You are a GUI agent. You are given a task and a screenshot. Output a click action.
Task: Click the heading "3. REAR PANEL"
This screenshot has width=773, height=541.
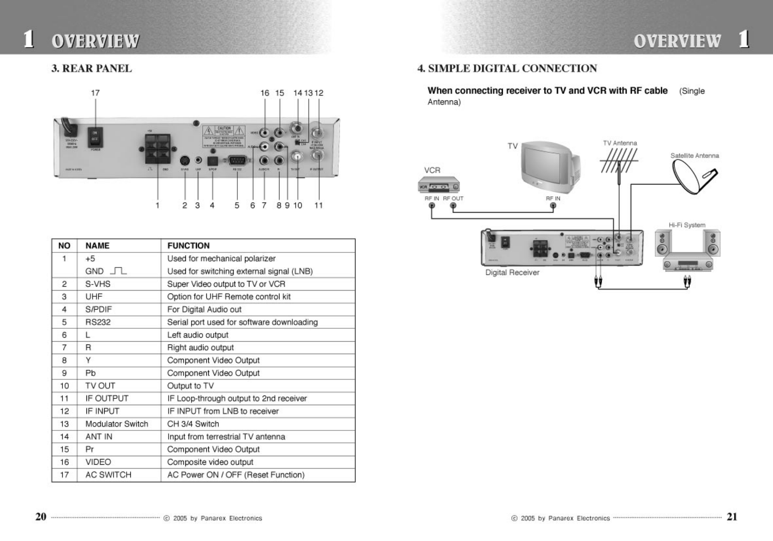click(91, 68)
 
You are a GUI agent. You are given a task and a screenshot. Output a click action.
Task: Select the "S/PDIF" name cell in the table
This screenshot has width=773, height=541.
click(99, 309)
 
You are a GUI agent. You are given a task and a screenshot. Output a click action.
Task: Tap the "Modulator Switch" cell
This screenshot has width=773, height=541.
click(117, 424)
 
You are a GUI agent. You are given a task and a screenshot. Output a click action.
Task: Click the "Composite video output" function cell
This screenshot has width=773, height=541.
click(210, 462)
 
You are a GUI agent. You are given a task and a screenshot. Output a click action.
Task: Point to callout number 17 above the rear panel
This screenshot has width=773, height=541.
click(95, 93)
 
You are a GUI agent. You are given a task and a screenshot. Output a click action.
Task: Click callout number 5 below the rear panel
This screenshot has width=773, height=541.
click(237, 205)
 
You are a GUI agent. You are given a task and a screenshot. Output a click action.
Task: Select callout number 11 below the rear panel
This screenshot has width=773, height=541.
click(319, 205)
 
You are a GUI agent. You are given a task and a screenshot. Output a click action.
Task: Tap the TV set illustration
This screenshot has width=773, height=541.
click(550, 166)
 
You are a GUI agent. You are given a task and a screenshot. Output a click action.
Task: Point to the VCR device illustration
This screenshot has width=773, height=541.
click(438, 184)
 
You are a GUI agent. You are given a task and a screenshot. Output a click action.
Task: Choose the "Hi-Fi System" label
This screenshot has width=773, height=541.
click(687, 225)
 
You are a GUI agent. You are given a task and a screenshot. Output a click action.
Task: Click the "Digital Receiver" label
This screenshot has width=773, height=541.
click(512, 273)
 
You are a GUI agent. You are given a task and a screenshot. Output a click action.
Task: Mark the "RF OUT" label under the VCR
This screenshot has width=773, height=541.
click(453, 199)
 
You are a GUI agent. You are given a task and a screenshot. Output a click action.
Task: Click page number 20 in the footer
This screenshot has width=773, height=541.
click(41, 517)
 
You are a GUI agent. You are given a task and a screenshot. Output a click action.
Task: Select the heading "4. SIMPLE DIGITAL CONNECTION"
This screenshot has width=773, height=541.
click(507, 68)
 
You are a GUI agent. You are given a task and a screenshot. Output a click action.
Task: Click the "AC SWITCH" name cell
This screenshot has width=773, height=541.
click(108, 475)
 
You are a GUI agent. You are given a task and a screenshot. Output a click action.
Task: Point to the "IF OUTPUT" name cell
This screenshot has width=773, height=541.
click(107, 399)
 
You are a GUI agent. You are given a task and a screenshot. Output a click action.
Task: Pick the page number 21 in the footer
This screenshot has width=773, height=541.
click(732, 517)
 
